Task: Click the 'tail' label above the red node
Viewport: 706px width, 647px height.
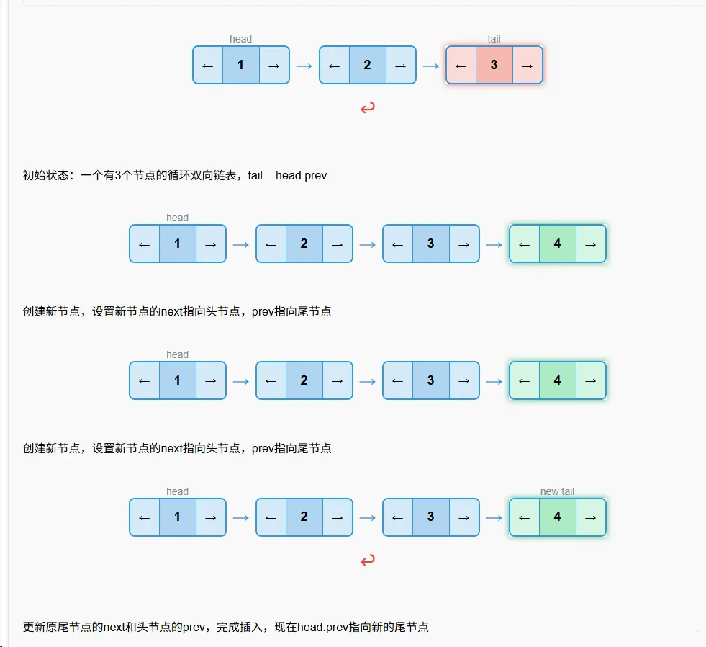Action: click(x=494, y=39)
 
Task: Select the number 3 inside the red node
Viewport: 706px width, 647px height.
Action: click(x=494, y=65)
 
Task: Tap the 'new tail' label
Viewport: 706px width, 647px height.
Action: click(x=557, y=491)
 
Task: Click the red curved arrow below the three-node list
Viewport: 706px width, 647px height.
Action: click(x=367, y=108)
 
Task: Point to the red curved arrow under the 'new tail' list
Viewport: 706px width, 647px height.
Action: click(x=367, y=560)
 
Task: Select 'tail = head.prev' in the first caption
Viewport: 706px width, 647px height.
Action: click(x=287, y=175)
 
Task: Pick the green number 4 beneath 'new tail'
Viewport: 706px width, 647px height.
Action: click(x=557, y=517)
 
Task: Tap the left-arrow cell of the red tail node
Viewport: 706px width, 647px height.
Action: click(x=461, y=65)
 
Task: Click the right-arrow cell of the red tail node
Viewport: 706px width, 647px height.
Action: click(x=527, y=65)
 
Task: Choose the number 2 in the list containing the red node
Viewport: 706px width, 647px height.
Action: click(x=367, y=65)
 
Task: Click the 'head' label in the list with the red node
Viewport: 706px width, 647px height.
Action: click(x=240, y=39)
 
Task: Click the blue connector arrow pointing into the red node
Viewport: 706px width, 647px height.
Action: click(x=430, y=65)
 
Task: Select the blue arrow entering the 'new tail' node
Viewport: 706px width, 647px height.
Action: click(x=494, y=517)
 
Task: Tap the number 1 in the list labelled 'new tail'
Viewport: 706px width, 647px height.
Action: click(x=177, y=517)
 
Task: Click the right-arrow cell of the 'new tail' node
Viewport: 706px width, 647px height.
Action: click(x=590, y=517)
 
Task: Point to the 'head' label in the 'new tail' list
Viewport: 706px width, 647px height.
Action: click(x=177, y=491)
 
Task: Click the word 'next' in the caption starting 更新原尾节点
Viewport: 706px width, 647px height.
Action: click(x=116, y=628)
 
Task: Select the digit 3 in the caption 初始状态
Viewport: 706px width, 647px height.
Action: click(x=117, y=175)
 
